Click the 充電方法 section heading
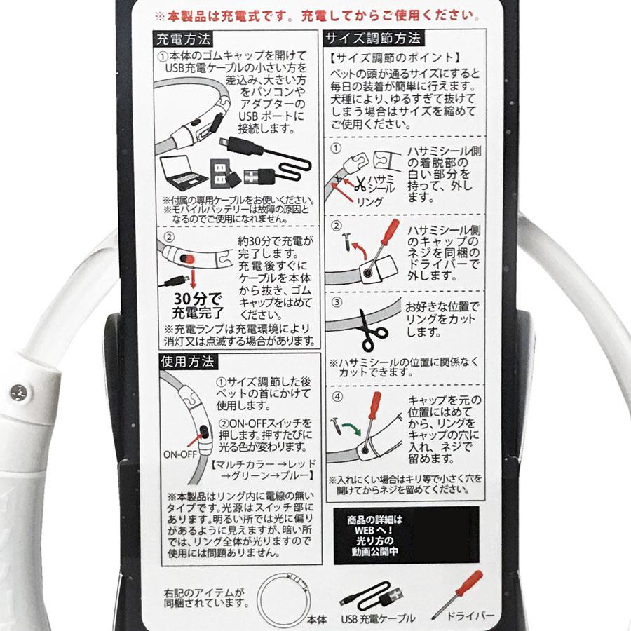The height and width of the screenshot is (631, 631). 183,39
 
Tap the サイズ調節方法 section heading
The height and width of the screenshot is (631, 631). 374,39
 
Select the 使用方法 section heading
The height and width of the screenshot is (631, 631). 188,362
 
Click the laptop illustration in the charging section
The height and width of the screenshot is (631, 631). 180,172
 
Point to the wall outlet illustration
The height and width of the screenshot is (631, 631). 220,173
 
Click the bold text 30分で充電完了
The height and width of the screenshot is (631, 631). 198,306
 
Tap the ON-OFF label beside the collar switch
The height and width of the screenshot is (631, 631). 180,454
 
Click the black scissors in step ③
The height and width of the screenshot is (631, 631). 372,331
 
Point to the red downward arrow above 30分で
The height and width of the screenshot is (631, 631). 193,278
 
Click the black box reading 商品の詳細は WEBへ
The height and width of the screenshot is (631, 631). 406,535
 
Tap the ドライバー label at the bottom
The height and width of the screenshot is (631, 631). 470,616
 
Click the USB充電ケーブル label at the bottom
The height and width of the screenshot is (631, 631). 378,618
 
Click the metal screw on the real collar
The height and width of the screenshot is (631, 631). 18,392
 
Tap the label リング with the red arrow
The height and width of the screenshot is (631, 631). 369,202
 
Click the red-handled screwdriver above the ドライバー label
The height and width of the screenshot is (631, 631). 457,595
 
